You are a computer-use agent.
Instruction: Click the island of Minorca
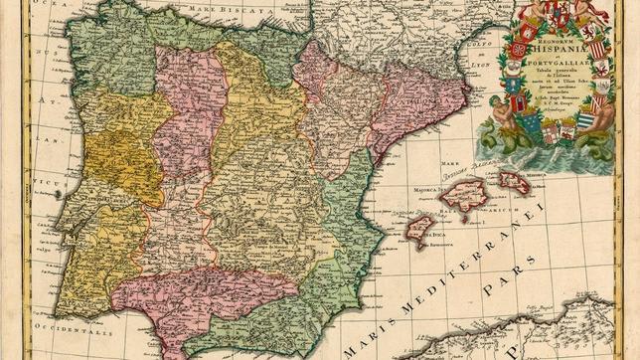pyautogui.click(x=515, y=181)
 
